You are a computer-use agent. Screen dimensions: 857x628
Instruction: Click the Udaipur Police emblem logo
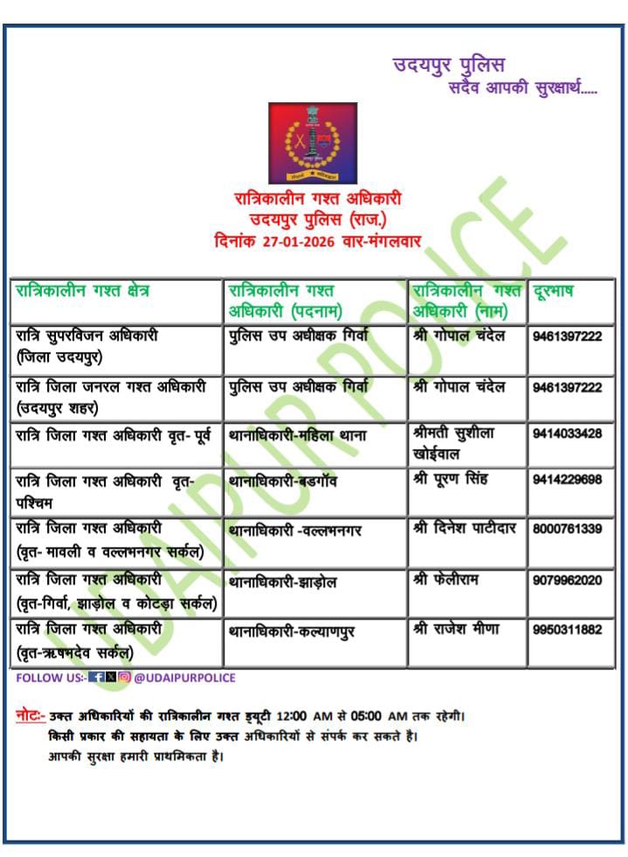pyautogui.click(x=313, y=143)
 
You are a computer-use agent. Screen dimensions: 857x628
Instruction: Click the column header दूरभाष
pyautogui.click(x=553, y=291)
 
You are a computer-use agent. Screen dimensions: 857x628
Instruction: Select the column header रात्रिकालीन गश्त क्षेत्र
pyautogui.click(x=82, y=291)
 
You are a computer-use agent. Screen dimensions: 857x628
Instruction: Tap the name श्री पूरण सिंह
pyautogui.click(x=455, y=480)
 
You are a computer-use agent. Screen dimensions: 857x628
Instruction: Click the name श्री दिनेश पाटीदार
pyautogui.click(x=466, y=529)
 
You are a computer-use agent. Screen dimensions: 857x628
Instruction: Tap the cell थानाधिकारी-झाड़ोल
pyautogui.click(x=282, y=582)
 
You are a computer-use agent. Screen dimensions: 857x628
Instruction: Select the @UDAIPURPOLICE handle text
pyautogui.click(x=184, y=677)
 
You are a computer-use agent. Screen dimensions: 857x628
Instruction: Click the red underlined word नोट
pyautogui.click(x=30, y=716)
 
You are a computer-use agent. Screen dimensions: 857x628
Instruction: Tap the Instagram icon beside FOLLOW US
pyautogui.click(x=125, y=677)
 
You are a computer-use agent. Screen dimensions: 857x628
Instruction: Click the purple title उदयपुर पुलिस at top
pyautogui.click(x=448, y=64)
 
